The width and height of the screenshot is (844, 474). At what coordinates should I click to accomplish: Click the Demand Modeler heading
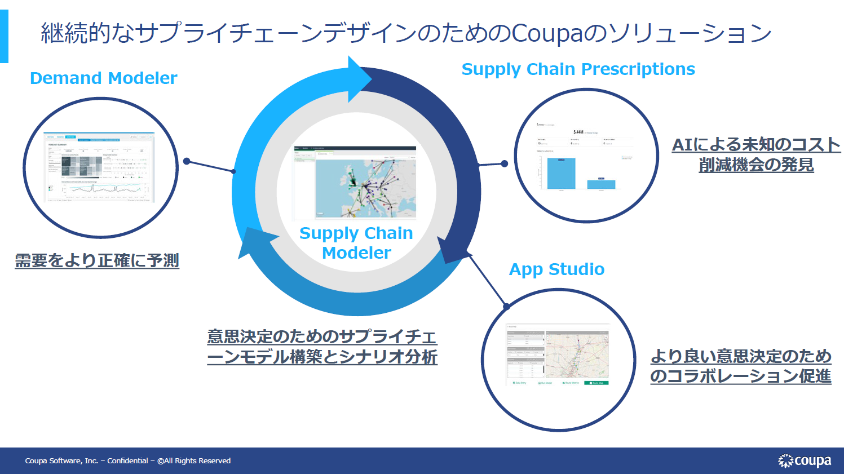[x=103, y=78]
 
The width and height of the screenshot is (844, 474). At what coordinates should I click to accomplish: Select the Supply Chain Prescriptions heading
[x=578, y=69]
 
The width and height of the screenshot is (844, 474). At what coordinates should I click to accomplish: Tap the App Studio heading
[x=556, y=269]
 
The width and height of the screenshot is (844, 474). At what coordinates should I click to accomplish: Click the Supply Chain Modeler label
[x=356, y=243]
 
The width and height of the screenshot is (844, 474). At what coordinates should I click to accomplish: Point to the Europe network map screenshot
[x=355, y=183]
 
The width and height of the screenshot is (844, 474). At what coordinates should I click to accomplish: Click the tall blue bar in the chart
[x=561, y=173]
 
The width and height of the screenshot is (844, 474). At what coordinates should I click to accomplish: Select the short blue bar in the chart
[x=601, y=184]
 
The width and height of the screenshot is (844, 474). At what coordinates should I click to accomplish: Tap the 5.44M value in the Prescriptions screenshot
[x=578, y=132]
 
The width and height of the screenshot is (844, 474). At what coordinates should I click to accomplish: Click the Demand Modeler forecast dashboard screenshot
[x=99, y=167]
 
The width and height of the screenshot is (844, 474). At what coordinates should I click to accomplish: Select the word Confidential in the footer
[x=127, y=461]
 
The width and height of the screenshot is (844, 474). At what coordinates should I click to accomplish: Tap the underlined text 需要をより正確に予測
[x=97, y=260]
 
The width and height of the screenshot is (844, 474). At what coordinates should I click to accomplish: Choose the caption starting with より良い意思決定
[x=741, y=366]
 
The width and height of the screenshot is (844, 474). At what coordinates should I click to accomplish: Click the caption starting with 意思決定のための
[x=322, y=347]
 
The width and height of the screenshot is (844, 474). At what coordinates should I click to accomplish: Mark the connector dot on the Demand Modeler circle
[x=187, y=161]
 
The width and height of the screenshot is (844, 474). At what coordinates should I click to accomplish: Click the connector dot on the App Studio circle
[x=506, y=307]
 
